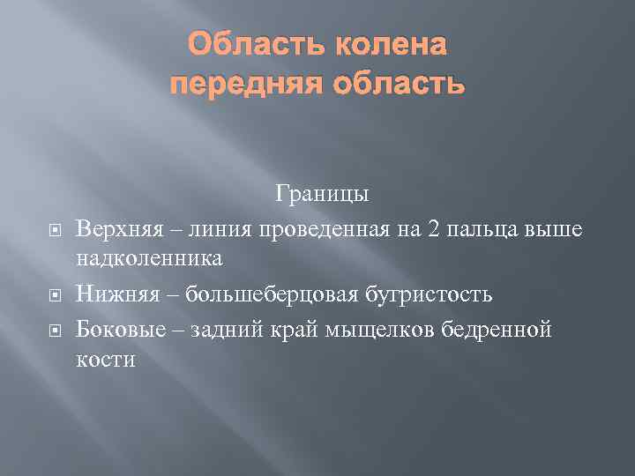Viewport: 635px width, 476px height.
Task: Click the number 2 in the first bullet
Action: [432, 229]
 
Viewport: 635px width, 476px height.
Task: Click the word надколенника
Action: [149, 257]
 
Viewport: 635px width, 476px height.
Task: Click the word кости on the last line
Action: [106, 360]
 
